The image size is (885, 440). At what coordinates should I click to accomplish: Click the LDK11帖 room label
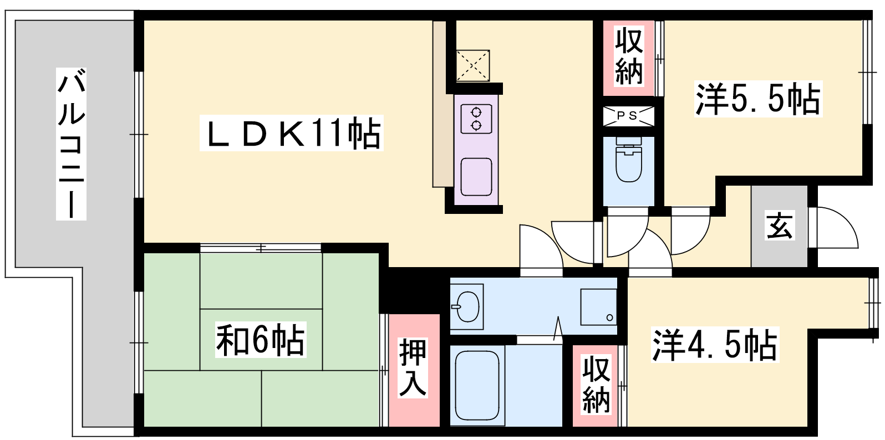[x=292, y=132]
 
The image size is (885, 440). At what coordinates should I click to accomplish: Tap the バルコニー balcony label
[x=71, y=144]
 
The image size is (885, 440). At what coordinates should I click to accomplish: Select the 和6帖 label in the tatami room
[x=261, y=340]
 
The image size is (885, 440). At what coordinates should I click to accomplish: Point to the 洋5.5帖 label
[x=759, y=99]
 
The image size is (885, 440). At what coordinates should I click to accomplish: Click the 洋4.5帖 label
[x=715, y=345]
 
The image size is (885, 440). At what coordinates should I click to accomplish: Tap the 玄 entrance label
[x=780, y=226]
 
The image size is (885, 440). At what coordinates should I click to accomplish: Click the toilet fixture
[x=629, y=160]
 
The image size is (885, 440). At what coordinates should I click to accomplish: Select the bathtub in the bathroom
[x=477, y=385]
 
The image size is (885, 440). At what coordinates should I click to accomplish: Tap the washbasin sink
[x=467, y=306]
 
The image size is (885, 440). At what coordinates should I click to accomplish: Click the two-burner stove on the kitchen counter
[x=476, y=119]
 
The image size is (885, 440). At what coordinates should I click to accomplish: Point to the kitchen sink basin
[x=476, y=177]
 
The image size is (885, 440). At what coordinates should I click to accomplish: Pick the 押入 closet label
[x=413, y=368]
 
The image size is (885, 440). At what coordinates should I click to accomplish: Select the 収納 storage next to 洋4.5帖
[x=596, y=385]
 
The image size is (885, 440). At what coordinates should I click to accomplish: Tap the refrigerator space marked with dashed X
[x=473, y=65]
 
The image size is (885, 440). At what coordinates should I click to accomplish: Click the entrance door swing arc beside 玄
[x=833, y=228]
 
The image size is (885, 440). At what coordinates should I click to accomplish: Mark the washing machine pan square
[x=598, y=307]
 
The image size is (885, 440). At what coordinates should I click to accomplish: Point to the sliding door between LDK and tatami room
[x=261, y=248]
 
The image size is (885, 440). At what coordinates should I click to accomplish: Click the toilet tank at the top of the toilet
[x=629, y=141]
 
